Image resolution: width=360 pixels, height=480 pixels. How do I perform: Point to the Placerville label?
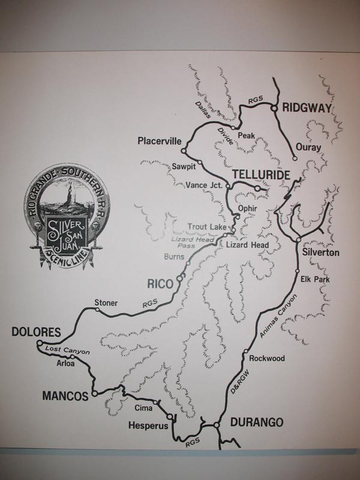159,142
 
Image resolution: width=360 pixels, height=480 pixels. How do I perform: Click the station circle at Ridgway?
273,108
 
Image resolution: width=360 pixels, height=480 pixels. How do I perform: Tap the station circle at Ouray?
295,158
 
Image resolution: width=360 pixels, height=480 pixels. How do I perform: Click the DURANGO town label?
254,422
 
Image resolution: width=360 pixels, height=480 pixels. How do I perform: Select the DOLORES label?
36,332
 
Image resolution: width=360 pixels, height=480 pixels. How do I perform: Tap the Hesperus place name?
147,425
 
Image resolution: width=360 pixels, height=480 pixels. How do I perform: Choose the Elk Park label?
313,278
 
